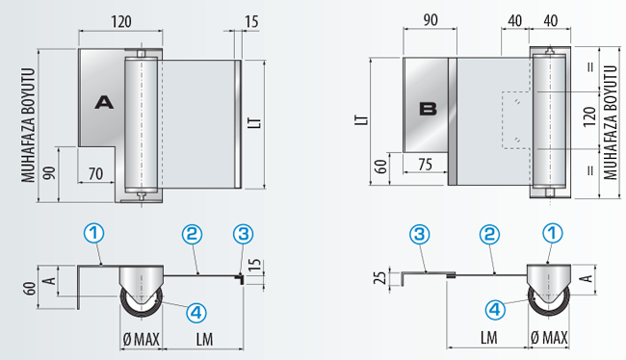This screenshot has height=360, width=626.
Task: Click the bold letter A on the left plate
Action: point(104,103)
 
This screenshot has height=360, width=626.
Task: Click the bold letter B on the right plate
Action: point(428,109)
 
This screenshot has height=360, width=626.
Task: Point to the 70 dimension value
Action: point(95,174)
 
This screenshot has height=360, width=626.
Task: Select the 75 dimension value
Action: point(426,164)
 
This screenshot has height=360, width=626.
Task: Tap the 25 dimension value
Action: point(380,277)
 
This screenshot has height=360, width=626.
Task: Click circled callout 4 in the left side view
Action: point(196,313)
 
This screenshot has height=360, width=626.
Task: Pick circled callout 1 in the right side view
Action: point(553,233)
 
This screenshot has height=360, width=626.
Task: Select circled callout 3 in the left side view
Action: point(243,234)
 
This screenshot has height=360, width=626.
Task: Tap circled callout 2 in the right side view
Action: point(489,234)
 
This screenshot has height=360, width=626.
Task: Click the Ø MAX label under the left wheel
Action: point(142,340)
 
